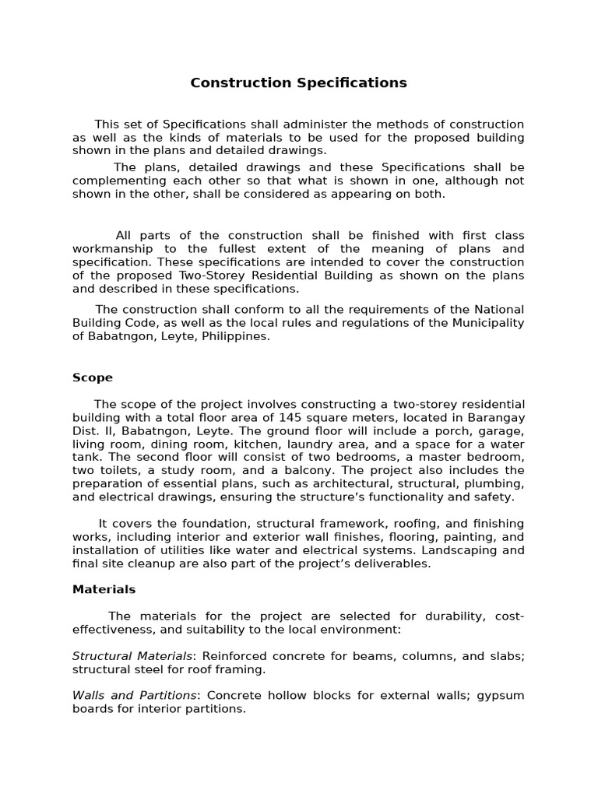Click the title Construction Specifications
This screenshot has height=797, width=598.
coord(298,83)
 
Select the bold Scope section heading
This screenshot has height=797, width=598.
coord(92,377)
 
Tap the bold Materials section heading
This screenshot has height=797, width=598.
coord(104,589)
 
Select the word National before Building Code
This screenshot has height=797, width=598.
coord(496,310)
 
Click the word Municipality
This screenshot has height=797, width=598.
coord(490,323)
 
